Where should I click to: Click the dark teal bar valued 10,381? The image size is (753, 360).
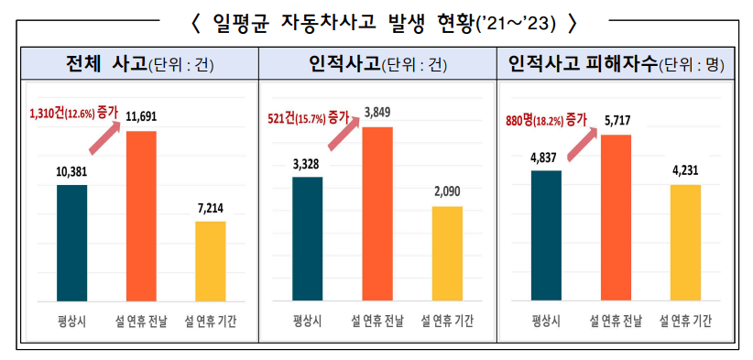[72, 243]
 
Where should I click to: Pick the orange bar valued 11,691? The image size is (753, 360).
[141, 216]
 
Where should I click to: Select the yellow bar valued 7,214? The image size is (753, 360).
[211, 261]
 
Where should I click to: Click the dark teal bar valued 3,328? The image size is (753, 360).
[309, 238]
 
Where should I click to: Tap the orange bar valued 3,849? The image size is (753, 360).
[377, 213]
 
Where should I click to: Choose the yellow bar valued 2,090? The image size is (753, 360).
[447, 254]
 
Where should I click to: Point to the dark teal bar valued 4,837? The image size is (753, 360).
[546, 235]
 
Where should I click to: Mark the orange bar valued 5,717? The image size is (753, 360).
[616, 217]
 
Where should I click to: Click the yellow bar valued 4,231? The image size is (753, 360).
[685, 243]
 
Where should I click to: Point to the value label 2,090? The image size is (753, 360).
[447, 191]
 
